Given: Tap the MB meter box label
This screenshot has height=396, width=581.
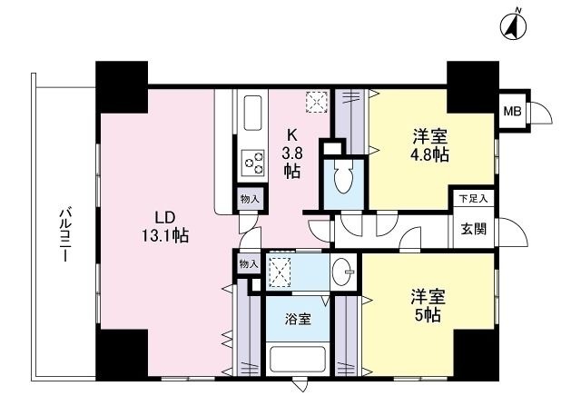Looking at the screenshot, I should click(513, 113).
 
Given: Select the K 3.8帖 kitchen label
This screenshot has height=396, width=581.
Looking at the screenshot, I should click(292, 150).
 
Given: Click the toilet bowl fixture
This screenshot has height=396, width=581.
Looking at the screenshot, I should click(342, 177).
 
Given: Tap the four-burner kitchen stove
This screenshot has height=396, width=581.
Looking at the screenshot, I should click(251, 164).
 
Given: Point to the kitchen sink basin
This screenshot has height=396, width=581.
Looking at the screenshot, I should click(250, 114).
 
